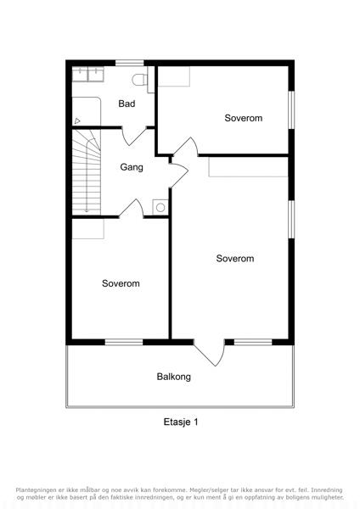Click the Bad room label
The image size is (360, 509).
click(x=127, y=103)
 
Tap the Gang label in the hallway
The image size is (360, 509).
click(x=132, y=167)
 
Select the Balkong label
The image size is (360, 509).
click(x=173, y=377)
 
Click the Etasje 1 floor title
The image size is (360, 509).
click(x=181, y=422)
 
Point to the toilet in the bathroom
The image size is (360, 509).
click(x=140, y=80)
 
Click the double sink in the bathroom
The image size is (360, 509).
click(x=88, y=75)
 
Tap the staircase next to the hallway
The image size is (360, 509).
click(x=86, y=172)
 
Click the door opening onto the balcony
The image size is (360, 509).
click(x=210, y=352)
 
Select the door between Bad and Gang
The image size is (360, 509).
click(x=133, y=136)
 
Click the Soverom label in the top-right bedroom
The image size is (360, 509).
click(x=244, y=118)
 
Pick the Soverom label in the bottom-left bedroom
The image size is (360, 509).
click(x=121, y=283)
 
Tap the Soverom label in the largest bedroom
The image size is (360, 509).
click(x=235, y=259)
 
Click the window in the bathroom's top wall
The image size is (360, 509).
click(x=130, y=63)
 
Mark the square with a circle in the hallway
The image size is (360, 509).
click(x=160, y=207)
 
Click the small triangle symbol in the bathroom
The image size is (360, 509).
click(x=77, y=121)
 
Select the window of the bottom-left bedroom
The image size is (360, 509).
click(x=124, y=342)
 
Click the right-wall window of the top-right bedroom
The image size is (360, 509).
click(x=291, y=110)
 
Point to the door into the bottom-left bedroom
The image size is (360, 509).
click(x=132, y=209)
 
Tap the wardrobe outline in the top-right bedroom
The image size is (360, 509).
click(x=174, y=76)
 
